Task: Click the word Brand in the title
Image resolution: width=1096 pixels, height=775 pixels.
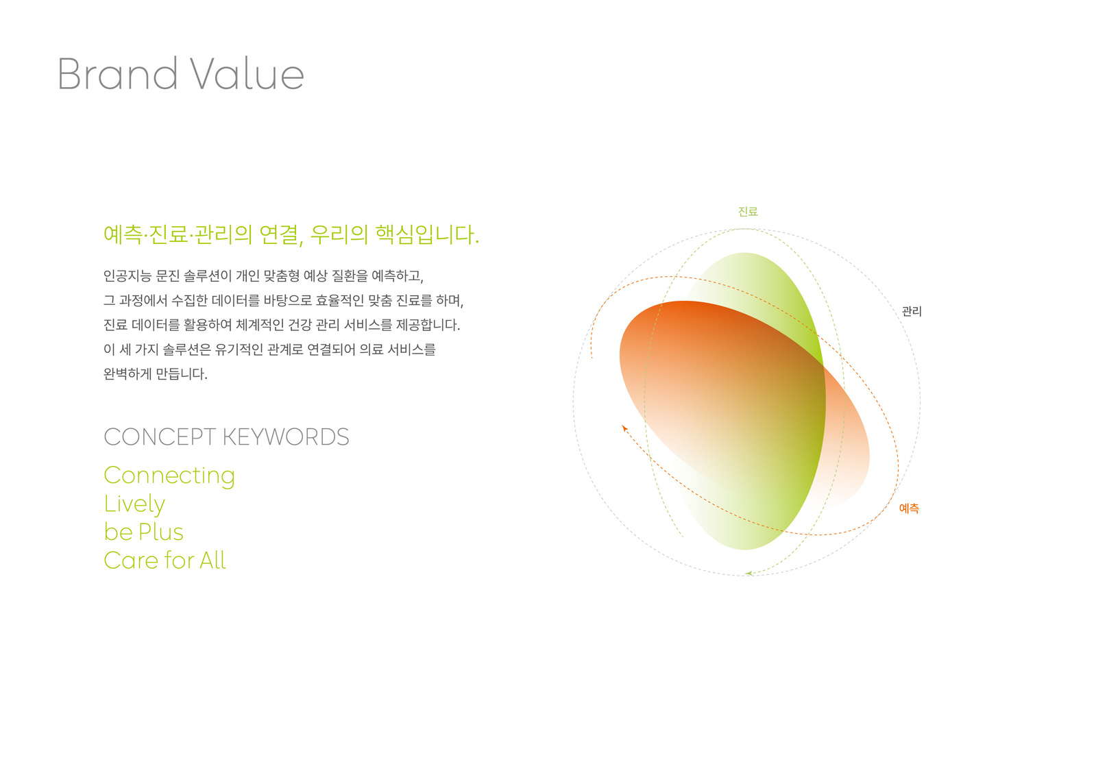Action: click(117, 73)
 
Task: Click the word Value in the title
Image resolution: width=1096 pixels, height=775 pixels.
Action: click(247, 73)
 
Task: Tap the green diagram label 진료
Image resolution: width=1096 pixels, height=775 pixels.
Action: click(748, 211)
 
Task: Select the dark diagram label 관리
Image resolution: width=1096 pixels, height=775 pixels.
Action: click(912, 311)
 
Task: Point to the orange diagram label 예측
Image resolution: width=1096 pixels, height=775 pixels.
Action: click(909, 508)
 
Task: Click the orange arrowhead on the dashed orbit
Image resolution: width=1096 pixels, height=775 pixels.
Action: click(624, 428)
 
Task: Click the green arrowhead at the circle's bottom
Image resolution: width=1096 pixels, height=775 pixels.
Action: click(748, 573)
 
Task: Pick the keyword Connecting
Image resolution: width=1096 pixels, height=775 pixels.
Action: click(169, 476)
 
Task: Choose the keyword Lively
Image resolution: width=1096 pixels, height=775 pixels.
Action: click(134, 504)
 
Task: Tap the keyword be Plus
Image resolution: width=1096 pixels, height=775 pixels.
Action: click(143, 532)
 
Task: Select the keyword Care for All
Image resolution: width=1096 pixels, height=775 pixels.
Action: click(165, 561)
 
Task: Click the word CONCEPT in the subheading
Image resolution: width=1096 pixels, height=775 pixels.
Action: click(160, 437)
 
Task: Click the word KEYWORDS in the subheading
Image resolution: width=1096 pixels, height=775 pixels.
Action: click(286, 437)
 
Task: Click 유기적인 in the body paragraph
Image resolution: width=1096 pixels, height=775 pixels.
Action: click(239, 350)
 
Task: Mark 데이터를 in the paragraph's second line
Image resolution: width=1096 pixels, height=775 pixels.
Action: click(235, 300)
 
